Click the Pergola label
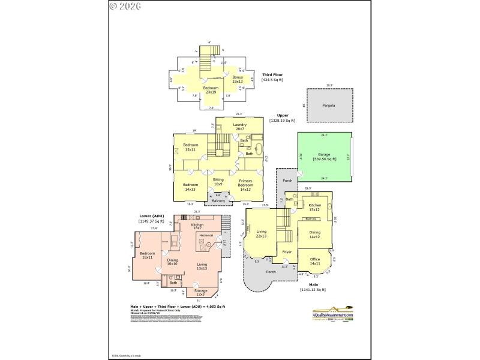coord(327,106)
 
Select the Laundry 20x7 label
coord(241,127)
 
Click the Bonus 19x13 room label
coord(239,79)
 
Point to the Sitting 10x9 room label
coord(218,182)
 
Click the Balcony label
coord(218,200)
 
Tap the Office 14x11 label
coord(314,262)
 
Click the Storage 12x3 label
coord(200,292)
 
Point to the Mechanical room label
coord(206,235)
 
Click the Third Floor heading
coord(272,74)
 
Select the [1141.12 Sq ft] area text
coord(313,290)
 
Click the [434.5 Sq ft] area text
coord(272,80)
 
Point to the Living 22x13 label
coord(261,233)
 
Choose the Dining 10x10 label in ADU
coord(172,262)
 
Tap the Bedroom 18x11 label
coord(148,255)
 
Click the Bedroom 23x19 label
coord(211,90)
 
